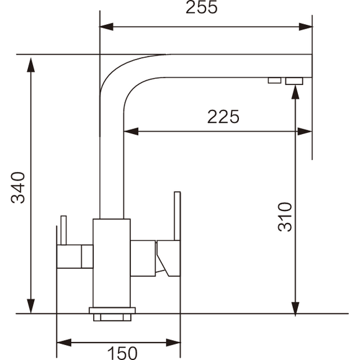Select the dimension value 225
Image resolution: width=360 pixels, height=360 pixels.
coord(223,117)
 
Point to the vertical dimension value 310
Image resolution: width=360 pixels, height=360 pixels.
coord(284,216)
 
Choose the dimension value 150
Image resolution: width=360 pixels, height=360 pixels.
coord(122,353)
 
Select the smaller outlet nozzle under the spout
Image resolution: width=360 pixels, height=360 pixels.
coord(273,80)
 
